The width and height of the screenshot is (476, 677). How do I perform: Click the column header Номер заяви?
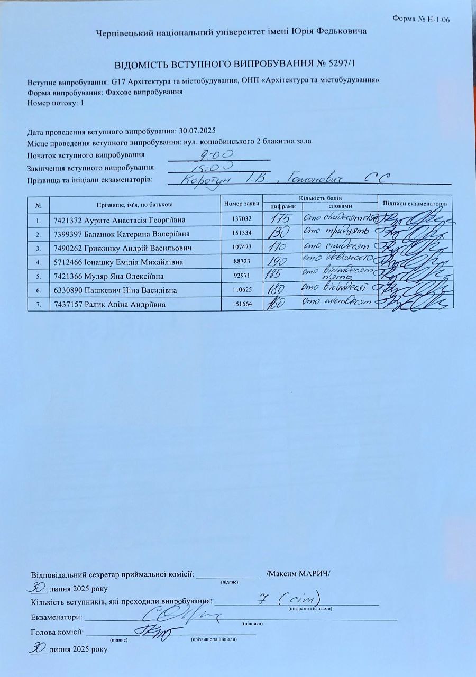click(242, 204)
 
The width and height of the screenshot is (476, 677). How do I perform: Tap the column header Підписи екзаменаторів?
click(415, 204)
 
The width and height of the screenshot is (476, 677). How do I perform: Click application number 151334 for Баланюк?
click(242, 234)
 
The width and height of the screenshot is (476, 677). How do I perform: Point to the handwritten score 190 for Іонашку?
click(279, 261)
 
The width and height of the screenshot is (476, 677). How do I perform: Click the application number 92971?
click(242, 276)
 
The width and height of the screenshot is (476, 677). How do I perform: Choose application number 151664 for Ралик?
click(242, 304)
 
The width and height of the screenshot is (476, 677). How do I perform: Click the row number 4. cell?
click(38, 262)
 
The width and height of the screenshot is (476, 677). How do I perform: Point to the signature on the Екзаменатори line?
click(180, 615)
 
